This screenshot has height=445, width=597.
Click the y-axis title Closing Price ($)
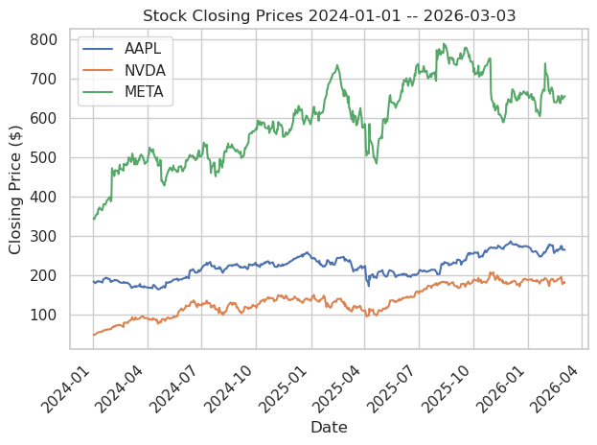[x=15, y=189]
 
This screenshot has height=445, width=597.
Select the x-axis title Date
[x=329, y=427]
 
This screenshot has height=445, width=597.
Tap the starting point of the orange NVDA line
[x=93, y=335]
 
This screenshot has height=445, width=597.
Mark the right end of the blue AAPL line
[x=564, y=249]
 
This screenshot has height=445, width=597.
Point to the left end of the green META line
[x=93, y=220]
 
